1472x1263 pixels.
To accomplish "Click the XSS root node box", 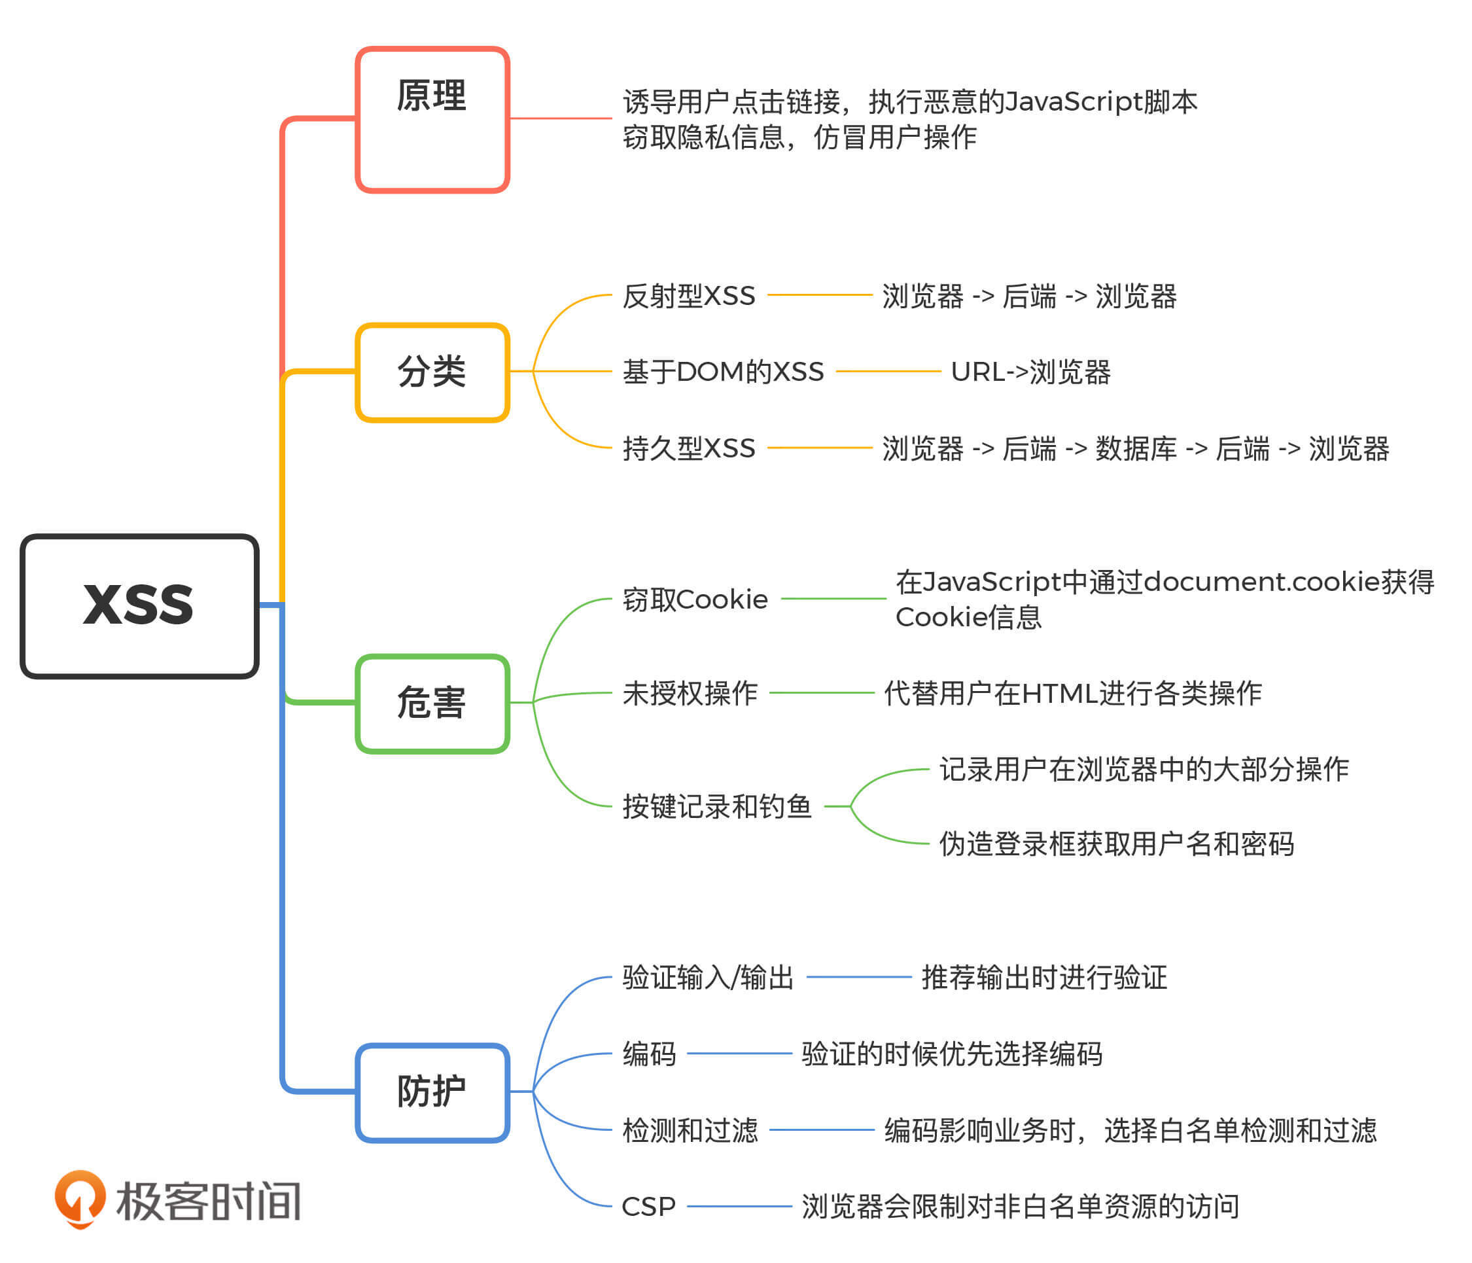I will (x=139, y=605).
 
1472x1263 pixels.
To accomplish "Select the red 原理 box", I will (x=432, y=119).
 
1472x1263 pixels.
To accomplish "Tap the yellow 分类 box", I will (x=432, y=372).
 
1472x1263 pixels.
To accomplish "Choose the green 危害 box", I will (x=432, y=703).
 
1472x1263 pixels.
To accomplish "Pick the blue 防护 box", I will (x=432, y=1092).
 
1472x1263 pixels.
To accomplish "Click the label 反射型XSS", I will (x=688, y=296).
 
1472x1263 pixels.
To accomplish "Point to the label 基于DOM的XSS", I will (x=722, y=372).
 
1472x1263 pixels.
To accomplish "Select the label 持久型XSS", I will (x=688, y=448).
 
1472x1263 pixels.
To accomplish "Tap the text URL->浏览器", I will (x=1030, y=372).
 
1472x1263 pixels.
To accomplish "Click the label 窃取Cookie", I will (x=695, y=600).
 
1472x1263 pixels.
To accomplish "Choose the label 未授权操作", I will (x=690, y=693).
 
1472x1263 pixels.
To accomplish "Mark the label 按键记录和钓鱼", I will (x=717, y=807).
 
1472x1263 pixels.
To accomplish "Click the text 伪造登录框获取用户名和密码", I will (x=1116, y=844).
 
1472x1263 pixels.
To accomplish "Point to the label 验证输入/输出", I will (x=708, y=978).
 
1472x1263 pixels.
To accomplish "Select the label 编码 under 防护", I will (x=648, y=1054).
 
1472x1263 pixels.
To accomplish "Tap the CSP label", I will (x=648, y=1207).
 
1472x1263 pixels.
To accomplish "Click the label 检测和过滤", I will (x=690, y=1130).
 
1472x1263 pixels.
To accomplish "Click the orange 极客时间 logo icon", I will (x=80, y=1200).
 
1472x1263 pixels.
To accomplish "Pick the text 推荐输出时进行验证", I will (x=1043, y=978).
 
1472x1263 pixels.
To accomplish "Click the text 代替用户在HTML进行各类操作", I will (x=1073, y=693).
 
